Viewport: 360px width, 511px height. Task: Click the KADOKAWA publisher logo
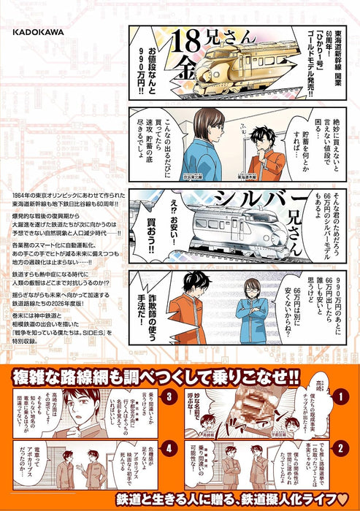pyautogui.click(x=38, y=32)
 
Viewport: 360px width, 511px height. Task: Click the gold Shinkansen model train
pyautogui.click(x=232, y=67)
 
